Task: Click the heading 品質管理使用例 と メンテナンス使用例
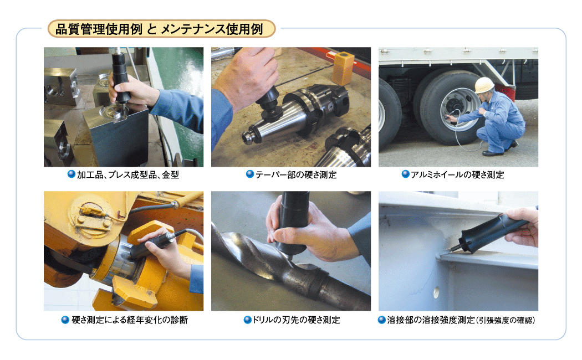[x=159, y=29]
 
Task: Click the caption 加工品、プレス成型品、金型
[x=128, y=174]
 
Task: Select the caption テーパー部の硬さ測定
[x=296, y=174]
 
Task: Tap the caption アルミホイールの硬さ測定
[x=457, y=174]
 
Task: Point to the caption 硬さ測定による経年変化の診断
[x=130, y=320]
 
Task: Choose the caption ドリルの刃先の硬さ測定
[x=296, y=320]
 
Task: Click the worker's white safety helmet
[x=484, y=85]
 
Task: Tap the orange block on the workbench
[x=343, y=68]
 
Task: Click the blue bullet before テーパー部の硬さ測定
[x=250, y=174]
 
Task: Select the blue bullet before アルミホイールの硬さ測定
[x=406, y=174]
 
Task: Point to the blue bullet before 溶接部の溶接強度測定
[x=381, y=319]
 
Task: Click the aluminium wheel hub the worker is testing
[x=456, y=108]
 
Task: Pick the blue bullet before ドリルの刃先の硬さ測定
[x=248, y=319]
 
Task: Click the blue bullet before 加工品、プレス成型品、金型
[x=72, y=174]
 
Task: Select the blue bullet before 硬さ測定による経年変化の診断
[x=65, y=319]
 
